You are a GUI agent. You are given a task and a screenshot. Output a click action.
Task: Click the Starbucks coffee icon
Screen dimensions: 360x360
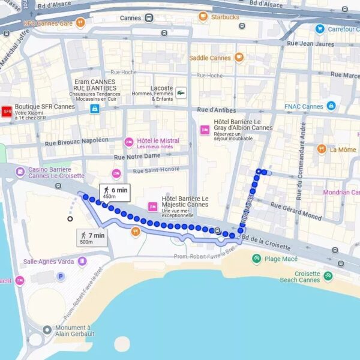point(203,17)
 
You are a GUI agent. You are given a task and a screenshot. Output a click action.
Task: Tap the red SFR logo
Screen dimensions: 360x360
point(7,111)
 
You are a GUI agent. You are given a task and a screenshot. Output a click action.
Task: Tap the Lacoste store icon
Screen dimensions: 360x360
point(181,92)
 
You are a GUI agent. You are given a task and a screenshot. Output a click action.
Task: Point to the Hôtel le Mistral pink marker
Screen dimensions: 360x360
point(128,142)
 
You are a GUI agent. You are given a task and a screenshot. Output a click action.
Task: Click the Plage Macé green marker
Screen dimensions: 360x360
point(256,258)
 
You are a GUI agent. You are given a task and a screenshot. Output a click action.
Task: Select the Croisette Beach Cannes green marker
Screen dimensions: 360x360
point(328,276)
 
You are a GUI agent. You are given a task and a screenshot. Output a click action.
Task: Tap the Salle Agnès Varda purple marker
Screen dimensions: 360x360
point(82,261)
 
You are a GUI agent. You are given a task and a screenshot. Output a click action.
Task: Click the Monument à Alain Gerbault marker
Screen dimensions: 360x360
point(47,329)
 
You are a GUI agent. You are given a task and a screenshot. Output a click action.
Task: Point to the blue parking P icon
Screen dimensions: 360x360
point(60,277)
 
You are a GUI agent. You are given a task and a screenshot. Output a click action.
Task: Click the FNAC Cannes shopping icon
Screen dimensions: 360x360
point(331,106)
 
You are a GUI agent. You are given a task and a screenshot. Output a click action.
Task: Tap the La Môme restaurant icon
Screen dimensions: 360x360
point(322,149)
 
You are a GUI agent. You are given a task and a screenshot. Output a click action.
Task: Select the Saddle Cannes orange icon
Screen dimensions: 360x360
point(239,58)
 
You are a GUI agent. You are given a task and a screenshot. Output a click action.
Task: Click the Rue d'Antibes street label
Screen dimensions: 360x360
point(216,110)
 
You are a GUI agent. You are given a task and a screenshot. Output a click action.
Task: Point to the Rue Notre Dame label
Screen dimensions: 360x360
point(137,156)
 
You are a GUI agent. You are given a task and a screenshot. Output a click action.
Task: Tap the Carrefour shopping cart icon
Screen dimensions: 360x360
point(320,29)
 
